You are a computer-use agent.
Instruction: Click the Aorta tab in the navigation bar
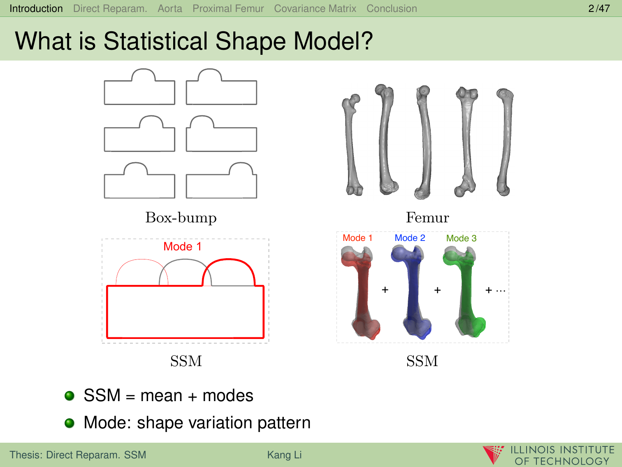pos(170,9)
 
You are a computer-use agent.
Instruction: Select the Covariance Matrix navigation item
pos(315,9)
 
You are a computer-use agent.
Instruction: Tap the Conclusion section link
pos(392,9)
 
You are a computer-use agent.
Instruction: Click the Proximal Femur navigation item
pos(228,9)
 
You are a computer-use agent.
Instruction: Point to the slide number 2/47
pos(599,9)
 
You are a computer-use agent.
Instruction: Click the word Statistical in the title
pos(155,41)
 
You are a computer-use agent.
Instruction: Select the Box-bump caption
pos(181,218)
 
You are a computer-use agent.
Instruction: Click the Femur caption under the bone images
pos(427,218)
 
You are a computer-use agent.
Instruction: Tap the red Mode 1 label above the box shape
pos(182,246)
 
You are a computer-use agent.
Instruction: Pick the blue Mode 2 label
pos(410,238)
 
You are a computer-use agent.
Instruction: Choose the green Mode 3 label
pos(461,238)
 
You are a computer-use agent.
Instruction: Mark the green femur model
pos(465,292)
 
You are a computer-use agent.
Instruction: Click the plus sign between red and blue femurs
pos(385,290)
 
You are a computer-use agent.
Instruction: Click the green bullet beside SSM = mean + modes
pos(70,395)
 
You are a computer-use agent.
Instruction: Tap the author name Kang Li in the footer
pos(284,455)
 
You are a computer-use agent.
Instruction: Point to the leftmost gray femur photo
pos(352,145)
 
